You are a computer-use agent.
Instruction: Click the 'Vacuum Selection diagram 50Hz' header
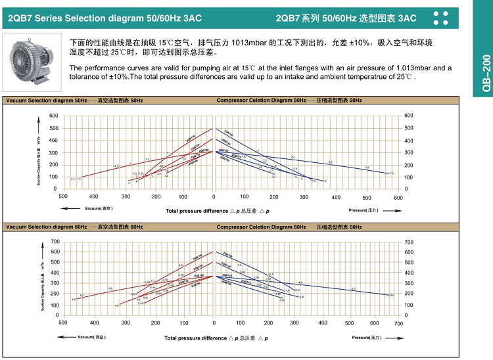46,100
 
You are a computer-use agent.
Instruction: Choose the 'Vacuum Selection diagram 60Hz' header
46,227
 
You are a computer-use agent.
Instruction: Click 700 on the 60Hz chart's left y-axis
54,242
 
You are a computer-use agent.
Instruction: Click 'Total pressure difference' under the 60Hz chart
196,338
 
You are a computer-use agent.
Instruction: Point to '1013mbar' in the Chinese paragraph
249,43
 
